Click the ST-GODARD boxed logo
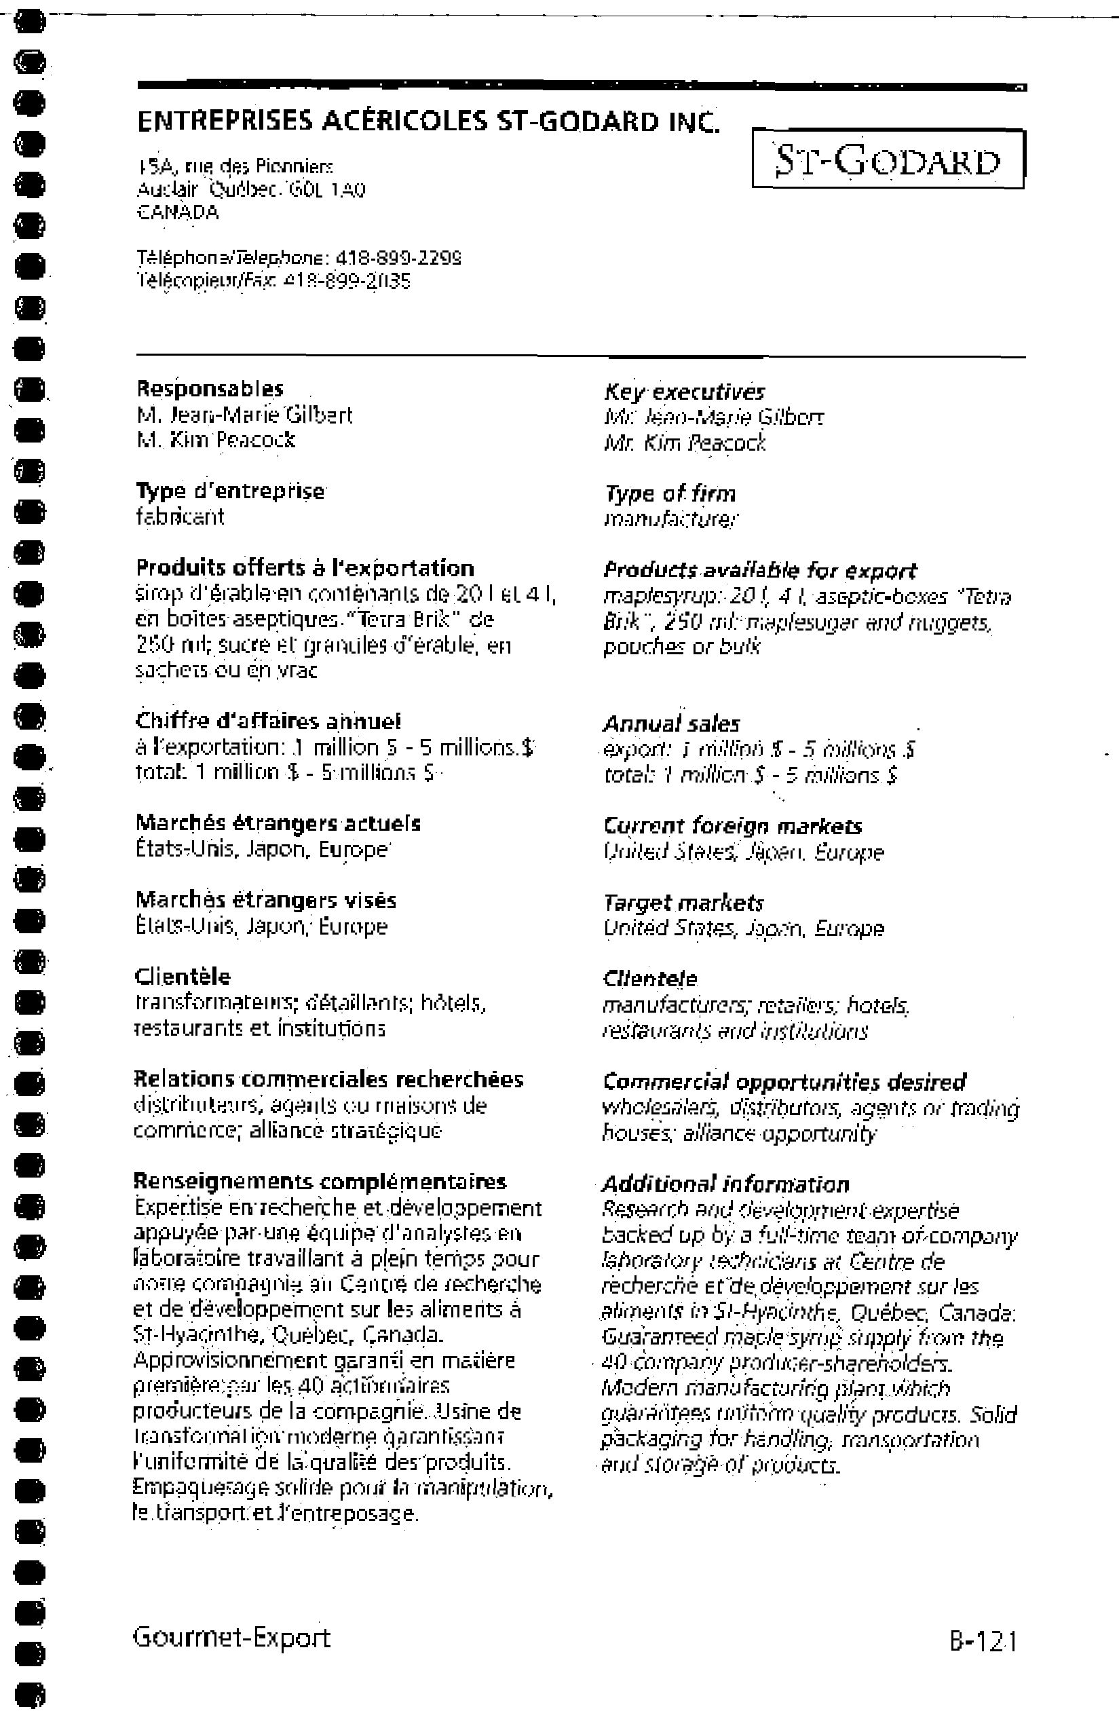click(x=888, y=159)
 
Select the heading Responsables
click(x=210, y=389)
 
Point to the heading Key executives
click(x=684, y=392)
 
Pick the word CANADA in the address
click(x=177, y=212)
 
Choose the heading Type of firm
click(x=670, y=494)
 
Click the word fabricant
click(x=180, y=517)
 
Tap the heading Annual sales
click(x=671, y=724)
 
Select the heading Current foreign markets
click(x=733, y=826)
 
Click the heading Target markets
click(x=683, y=903)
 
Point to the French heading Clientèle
click(x=183, y=977)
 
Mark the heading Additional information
click(x=725, y=1185)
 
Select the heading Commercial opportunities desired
click(x=784, y=1082)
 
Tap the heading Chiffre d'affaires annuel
click(x=268, y=721)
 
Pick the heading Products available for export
click(x=759, y=570)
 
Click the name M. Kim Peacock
click(x=216, y=440)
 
